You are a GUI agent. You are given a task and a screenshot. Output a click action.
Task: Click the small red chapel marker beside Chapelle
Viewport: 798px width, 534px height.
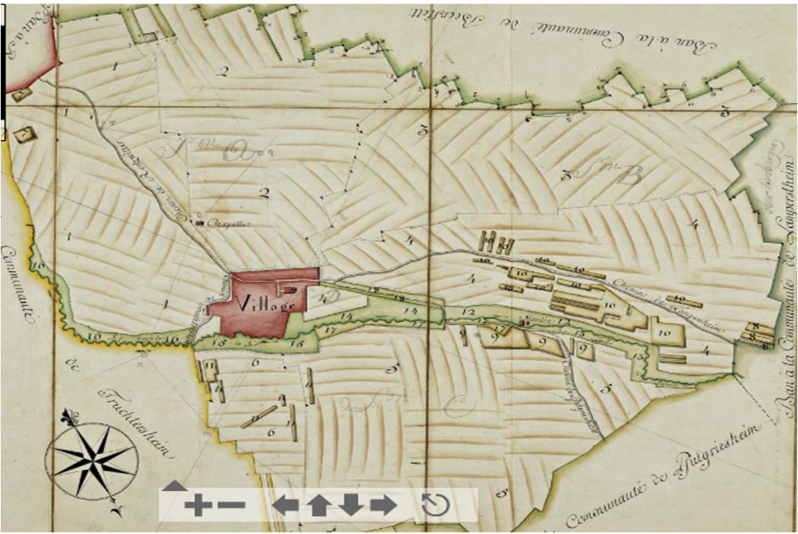pyautogui.click(x=199, y=222)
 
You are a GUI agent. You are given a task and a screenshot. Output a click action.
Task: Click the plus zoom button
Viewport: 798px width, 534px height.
pyautogui.click(x=197, y=506)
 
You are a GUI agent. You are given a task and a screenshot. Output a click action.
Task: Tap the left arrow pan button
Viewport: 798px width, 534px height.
pyautogui.click(x=285, y=505)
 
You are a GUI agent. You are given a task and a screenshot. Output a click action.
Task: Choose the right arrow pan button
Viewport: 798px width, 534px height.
pyautogui.click(x=383, y=505)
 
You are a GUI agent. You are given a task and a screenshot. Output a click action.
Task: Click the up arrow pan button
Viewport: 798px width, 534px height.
pyautogui.click(x=319, y=505)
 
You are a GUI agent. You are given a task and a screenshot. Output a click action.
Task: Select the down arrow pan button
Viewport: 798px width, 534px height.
pyautogui.click(x=351, y=505)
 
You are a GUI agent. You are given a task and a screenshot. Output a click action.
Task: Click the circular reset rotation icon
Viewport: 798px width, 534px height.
pyautogui.click(x=436, y=505)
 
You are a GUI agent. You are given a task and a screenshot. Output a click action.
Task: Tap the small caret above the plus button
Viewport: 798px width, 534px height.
pyautogui.click(x=175, y=486)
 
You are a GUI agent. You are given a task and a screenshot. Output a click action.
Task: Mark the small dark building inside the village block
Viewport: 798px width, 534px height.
pyautogui.click(x=291, y=290)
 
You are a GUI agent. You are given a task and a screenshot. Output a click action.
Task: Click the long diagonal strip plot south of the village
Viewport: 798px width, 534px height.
pyautogui.click(x=259, y=416)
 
